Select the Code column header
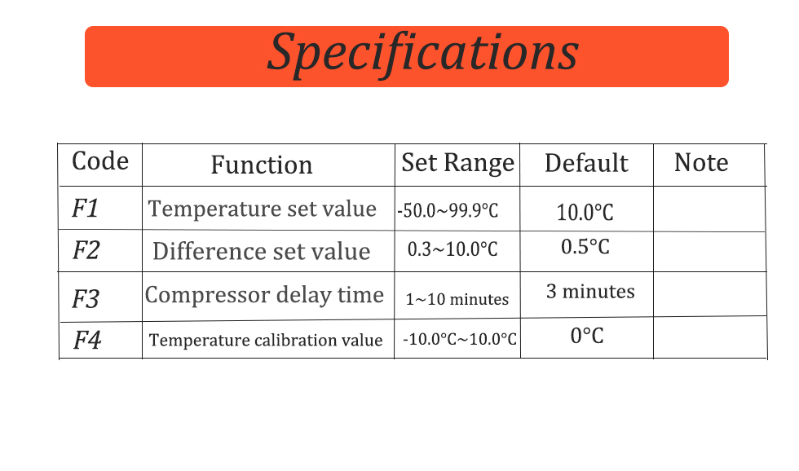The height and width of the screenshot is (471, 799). (x=99, y=161)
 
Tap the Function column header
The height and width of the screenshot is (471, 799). (x=262, y=165)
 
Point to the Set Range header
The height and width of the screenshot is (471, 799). (x=457, y=164)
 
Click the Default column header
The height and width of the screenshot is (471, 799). (x=586, y=164)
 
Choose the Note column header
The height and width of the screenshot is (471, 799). (x=701, y=162)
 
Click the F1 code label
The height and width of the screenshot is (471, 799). (x=85, y=209)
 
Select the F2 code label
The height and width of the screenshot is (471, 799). (x=86, y=250)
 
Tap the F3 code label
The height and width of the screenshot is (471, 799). (x=85, y=299)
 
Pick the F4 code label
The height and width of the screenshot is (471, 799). (x=87, y=340)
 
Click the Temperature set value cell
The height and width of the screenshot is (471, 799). (x=262, y=209)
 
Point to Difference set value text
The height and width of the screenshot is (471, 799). (x=262, y=251)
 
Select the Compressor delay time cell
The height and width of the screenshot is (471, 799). (x=264, y=295)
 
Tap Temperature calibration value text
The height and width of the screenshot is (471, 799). (x=266, y=340)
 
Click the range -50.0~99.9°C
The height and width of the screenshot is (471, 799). (x=448, y=210)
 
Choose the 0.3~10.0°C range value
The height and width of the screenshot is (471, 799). (x=452, y=249)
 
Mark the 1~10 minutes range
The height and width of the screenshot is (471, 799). (x=457, y=299)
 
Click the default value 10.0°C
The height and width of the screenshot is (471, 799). (x=585, y=213)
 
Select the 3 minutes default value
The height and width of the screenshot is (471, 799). (x=590, y=291)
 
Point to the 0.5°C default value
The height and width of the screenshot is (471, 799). (x=585, y=247)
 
